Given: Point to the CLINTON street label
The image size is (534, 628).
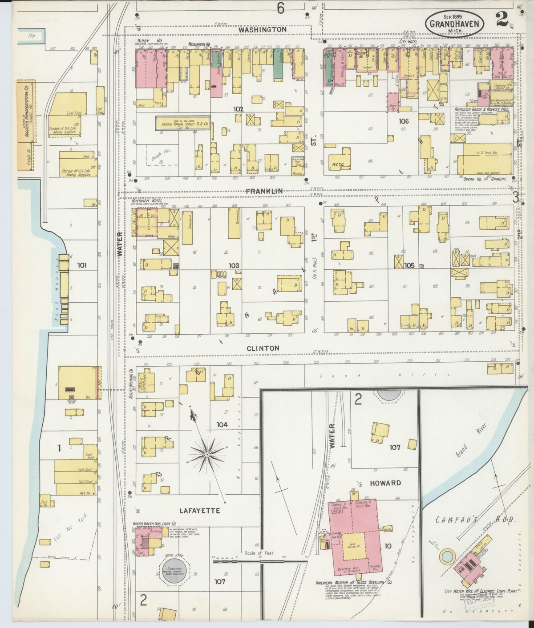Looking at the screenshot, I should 263,348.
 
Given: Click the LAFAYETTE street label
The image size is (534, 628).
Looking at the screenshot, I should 199,511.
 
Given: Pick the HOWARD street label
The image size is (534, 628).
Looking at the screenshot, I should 385,483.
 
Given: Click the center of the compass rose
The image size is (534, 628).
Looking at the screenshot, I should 207,455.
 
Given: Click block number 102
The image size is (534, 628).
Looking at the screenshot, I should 239,109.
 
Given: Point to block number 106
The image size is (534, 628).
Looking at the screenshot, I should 404,121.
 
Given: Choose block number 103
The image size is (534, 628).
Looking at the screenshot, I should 234,266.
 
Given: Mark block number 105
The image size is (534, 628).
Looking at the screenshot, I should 409,265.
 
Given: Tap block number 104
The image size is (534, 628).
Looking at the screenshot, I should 222,425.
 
